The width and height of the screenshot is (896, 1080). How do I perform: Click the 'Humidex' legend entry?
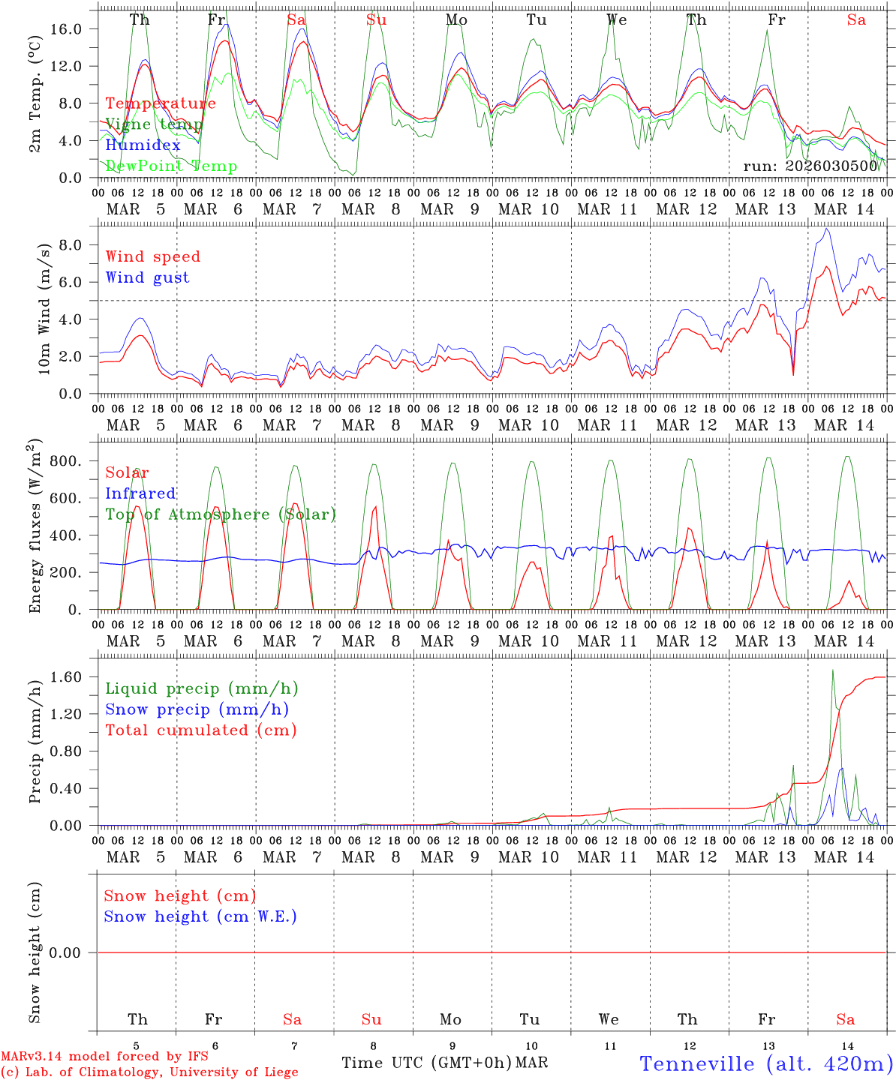[143, 145]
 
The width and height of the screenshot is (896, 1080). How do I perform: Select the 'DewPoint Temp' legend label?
[171, 166]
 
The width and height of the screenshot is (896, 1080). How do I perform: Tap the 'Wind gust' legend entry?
[147, 277]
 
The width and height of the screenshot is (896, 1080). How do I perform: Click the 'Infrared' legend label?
[140, 493]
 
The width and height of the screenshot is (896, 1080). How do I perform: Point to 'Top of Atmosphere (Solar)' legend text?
[221, 514]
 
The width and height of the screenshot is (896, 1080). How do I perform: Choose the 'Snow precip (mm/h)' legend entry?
[197, 709]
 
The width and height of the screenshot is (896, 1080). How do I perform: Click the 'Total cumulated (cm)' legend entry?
[200, 730]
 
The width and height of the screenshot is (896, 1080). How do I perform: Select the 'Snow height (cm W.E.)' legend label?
[200, 916]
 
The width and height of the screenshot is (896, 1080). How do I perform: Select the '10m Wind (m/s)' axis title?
[44, 309]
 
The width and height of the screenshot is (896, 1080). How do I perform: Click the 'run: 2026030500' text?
[810, 166]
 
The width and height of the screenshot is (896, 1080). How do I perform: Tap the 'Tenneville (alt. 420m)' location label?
[765, 1063]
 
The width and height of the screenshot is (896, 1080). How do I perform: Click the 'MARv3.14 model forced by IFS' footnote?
[104, 1057]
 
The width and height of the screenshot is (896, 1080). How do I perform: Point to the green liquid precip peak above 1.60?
[832, 670]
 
